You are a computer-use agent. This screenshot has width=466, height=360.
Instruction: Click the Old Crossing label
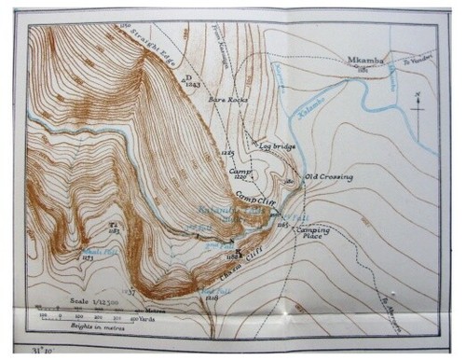point(329,176)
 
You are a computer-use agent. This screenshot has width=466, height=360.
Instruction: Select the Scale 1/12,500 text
point(93,301)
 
